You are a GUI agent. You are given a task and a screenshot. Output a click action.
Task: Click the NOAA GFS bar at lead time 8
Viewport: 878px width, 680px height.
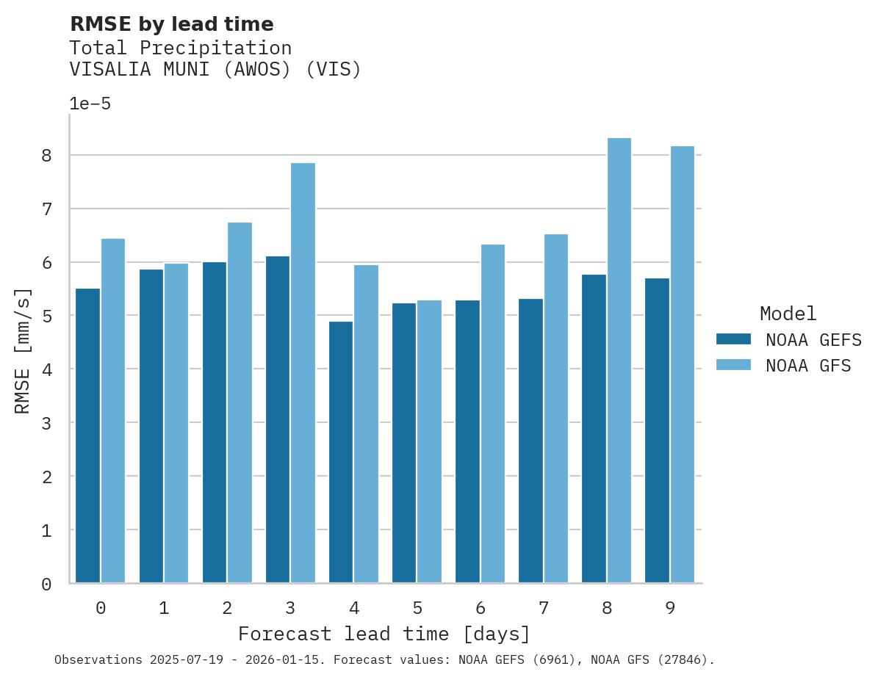619,361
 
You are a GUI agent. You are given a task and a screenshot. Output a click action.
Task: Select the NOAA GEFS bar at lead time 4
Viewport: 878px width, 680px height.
341,452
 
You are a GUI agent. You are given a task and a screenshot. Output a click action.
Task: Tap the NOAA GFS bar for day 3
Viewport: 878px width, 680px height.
303,373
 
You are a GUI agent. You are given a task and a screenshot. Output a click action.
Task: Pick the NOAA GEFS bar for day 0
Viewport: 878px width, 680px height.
88,435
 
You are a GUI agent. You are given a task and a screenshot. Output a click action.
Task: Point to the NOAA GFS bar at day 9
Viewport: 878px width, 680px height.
683,364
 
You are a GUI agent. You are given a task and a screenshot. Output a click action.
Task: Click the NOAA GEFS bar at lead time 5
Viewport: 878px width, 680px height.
404,443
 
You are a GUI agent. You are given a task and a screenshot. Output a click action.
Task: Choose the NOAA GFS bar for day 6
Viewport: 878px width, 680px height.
492,413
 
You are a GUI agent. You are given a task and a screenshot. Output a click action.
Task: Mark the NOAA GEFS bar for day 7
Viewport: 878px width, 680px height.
530,441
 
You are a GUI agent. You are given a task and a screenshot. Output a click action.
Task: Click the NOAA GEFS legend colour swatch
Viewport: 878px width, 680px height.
733,339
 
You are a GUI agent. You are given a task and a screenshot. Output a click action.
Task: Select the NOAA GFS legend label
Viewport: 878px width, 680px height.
808,366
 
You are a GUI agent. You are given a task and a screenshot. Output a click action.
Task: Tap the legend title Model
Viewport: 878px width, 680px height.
788,314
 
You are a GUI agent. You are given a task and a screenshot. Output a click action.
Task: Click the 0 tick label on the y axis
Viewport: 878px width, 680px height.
46,585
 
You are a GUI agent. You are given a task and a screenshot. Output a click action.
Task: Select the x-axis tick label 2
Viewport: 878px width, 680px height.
227,608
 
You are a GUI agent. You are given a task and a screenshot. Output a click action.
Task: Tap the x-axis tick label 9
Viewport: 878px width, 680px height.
670,608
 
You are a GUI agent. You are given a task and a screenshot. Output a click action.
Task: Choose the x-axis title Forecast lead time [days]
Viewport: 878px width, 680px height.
384,634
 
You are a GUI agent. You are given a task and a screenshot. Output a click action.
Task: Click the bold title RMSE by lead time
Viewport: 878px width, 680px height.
171,24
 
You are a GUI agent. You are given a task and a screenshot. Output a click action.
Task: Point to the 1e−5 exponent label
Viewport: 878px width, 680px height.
90,104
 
